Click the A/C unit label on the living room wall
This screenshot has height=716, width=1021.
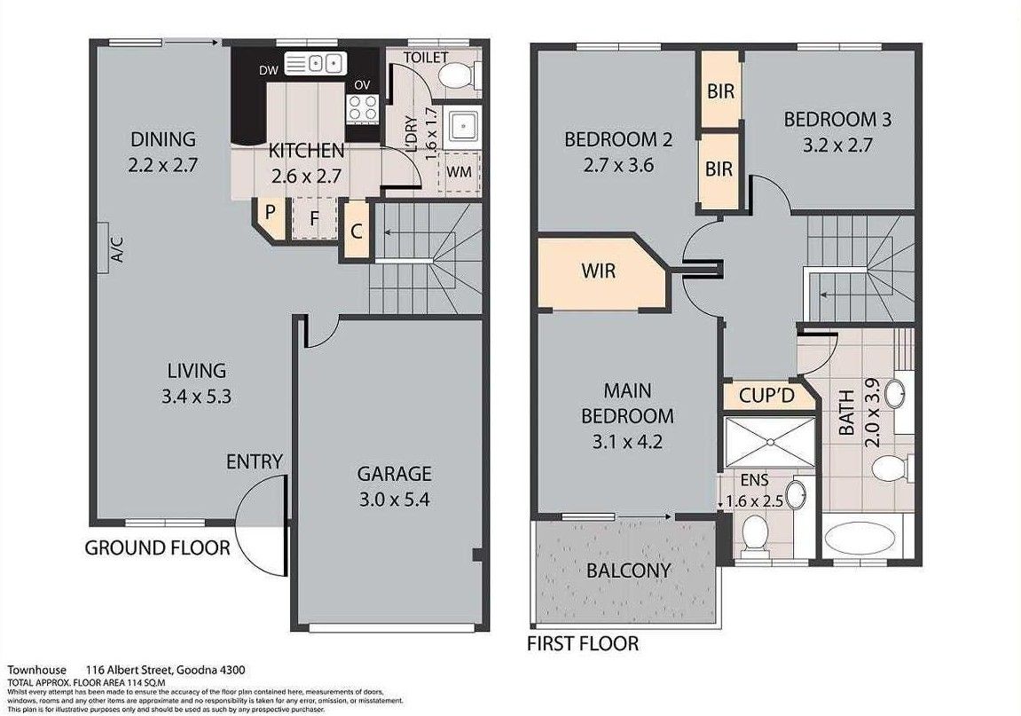(x=117, y=248)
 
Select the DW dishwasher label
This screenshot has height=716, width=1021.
(x=268, y=70)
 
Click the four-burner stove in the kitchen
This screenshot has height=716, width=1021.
(x=363, y=108)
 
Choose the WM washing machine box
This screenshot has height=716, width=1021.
(x=459, y=172)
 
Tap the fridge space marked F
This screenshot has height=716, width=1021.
(x=315, y=218)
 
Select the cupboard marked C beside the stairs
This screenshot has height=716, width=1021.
(x=357, y=231)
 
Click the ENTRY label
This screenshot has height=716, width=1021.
(x=254, y=462)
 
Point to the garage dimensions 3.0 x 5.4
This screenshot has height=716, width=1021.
(x=394, y=500)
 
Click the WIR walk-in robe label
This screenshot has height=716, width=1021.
(x=599, y=271)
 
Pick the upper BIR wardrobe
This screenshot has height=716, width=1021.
(x=720, y=91)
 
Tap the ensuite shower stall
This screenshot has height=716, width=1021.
(x=770, y=443)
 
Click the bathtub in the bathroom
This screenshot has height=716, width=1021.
(x=860, y=539)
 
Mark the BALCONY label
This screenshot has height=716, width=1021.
(x=628, y=570)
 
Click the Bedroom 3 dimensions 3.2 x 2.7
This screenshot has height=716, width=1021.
(x=837, y=145)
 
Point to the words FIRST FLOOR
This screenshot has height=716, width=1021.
(x=583, y=643)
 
